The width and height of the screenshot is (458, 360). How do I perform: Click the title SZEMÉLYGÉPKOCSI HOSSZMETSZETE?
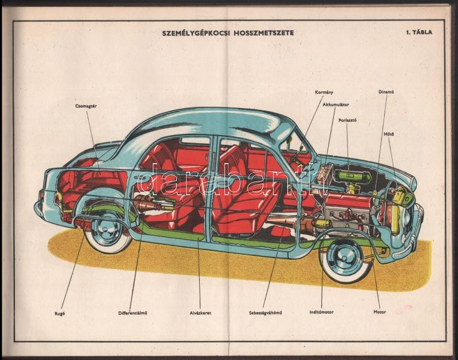(228, 33)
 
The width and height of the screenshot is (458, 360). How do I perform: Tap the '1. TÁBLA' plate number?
(418, 32)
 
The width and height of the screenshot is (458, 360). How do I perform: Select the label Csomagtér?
(85, 106)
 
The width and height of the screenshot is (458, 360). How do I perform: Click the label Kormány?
(324, 92)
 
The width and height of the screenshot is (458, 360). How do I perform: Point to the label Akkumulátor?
(335, 105)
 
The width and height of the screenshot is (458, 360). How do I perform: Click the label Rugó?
(59, 312)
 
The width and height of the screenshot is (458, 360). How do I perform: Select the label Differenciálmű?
(133, 312)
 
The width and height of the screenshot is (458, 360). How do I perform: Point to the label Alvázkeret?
(200, 312)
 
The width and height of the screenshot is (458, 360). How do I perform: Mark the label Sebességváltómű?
(267, 312)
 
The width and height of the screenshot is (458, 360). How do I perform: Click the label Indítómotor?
(321, 312)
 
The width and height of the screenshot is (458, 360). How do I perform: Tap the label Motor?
(380, 312)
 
